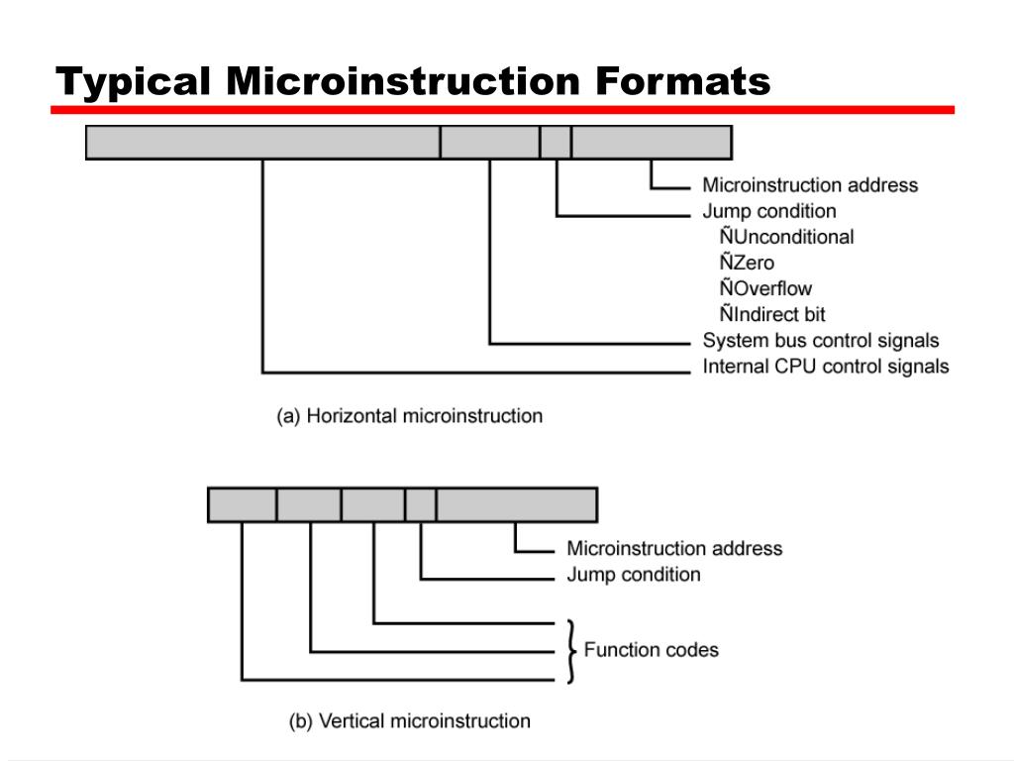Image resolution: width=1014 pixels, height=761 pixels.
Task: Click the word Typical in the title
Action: pyautogui.click(x=133, y=83)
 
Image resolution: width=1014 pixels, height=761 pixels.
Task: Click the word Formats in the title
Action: pyautogui.click(x=683, y=81)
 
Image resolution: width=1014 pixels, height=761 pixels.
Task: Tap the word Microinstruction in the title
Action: pyautogui.click(x=403, y=81)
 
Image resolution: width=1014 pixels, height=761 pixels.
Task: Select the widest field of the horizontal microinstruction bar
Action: pyautogui.click(x=263, y=143)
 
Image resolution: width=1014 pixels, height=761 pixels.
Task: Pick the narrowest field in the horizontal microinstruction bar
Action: pyautogui.click(x=556, y=143)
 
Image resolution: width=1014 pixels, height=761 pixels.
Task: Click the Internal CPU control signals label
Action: pyautogui.click(x=826, y=367)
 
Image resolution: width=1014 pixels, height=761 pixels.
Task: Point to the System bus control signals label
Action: pyautogui.click(x=821, y=341)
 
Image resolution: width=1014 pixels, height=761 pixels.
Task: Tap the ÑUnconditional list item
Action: pyautogui.click(x=786, y=236)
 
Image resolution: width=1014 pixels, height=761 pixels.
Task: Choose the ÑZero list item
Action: pyautogui.click(x=747, y=262)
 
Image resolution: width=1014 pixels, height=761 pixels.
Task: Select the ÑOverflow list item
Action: pyautogui.click(x=765, y=288)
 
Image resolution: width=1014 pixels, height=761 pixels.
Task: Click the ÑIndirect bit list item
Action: pyautogui.click(x=772, y=314)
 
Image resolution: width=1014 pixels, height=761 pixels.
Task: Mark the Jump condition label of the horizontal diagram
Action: pyautogui.click(x=768, y=211)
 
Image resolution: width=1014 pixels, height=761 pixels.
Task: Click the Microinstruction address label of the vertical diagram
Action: pyautogui.click(x=674, y=549)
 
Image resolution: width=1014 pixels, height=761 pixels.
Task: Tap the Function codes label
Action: pyautogui.click(x=652, y=650)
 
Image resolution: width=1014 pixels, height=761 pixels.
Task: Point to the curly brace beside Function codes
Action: pyautogui.click(x=571, y=651)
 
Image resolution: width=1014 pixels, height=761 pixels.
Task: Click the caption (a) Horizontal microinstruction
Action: pyautogui.click(x=409, y=415)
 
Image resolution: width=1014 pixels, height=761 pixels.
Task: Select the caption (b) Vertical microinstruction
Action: pyautogui.click(x=409, y=721)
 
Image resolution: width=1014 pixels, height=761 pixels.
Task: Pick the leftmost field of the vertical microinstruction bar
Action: pyautogui.click(x=243, y=504)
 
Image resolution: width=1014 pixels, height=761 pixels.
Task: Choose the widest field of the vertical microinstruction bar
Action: pyautogui.click(x=517, y=504)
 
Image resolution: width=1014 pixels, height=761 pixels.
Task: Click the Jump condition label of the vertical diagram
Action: pyautogui.click(x=634, y=575)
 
